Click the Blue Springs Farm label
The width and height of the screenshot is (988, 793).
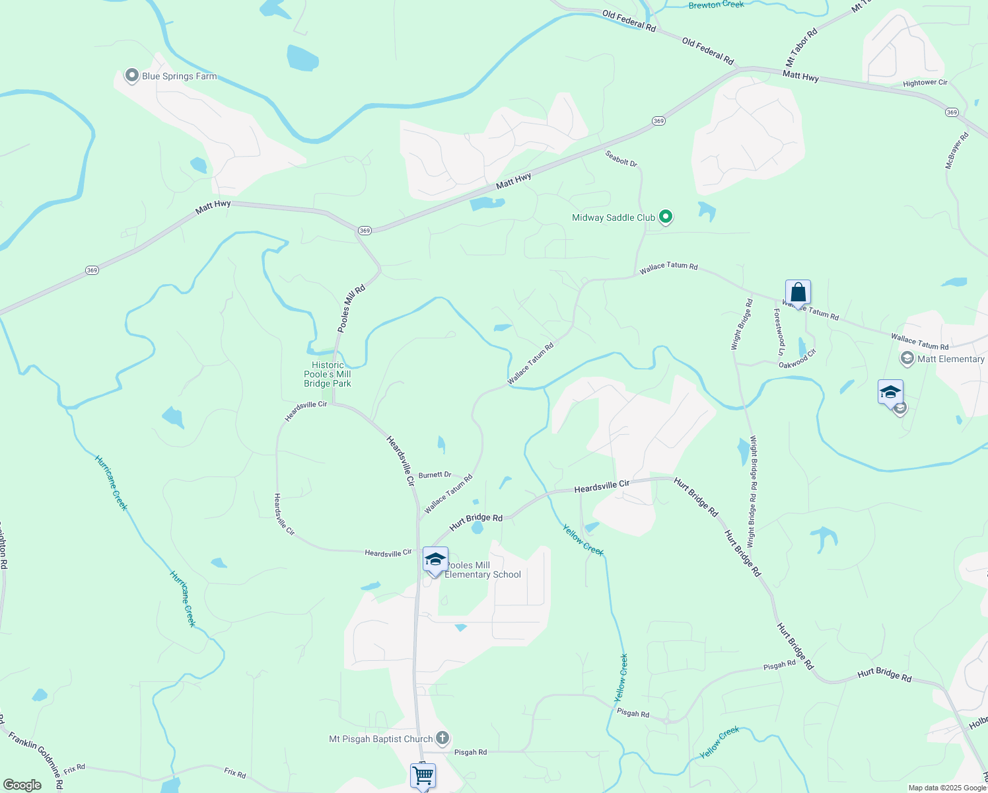(179, 77)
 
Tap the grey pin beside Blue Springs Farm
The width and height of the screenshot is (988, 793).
(131, 75)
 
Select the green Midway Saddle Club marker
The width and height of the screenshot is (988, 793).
(666, 216)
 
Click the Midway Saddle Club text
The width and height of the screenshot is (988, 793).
(614, 217)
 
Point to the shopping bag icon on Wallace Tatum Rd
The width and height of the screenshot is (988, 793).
(798, 293)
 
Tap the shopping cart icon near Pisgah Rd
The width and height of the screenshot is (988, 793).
(423, 775)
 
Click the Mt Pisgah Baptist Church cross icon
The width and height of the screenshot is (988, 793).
(442, 738)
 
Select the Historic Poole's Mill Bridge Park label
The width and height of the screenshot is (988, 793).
(328, 374)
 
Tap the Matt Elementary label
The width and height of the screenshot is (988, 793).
(950, 359)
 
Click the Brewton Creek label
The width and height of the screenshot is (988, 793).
(716, 5)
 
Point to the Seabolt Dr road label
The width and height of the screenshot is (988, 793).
(621, 158)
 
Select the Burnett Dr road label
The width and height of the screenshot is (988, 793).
(435, 475)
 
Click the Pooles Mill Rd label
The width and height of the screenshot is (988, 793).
(351, 309)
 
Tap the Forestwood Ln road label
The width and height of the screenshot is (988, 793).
(780, 332)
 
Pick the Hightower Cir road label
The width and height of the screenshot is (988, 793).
(925, 83)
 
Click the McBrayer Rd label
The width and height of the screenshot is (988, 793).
(956, 151)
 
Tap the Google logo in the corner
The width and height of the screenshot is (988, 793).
(22, 785)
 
